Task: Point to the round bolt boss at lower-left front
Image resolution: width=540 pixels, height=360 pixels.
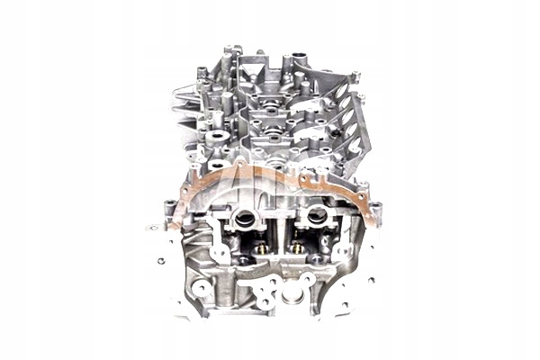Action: [x=202, y=289]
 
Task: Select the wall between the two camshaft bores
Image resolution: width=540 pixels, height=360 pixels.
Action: [x=281, y=225]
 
